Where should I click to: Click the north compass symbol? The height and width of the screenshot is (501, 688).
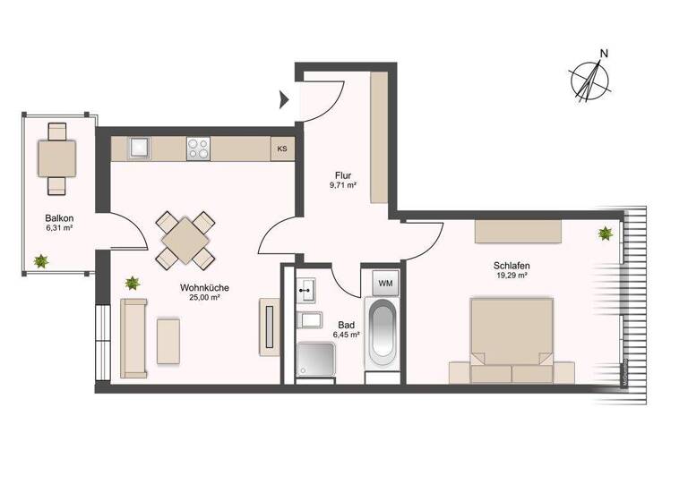(x=590, y=79)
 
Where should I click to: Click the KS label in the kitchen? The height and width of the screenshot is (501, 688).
(x=282, y=149)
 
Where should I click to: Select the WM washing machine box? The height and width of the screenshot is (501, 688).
(x=385, y=284)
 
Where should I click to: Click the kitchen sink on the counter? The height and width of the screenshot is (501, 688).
(x=140, y=148)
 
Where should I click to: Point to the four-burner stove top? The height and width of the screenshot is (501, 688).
(x=198, y=148)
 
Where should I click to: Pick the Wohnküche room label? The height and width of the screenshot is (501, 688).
(x=204, y=288)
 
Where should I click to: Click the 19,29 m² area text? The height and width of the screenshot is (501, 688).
(x=510, y=276)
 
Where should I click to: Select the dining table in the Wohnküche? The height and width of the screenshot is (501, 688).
(x=185, y=240)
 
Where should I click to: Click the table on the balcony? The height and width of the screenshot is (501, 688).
(x=56, y=159)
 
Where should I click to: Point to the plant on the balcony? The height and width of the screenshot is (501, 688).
(x=40, y=261)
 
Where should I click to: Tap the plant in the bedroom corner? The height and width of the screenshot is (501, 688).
(x=606, y=234)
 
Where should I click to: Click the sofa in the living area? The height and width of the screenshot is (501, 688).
(x=134, y=337)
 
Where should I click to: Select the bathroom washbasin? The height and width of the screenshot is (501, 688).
(x=307, y=288)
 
